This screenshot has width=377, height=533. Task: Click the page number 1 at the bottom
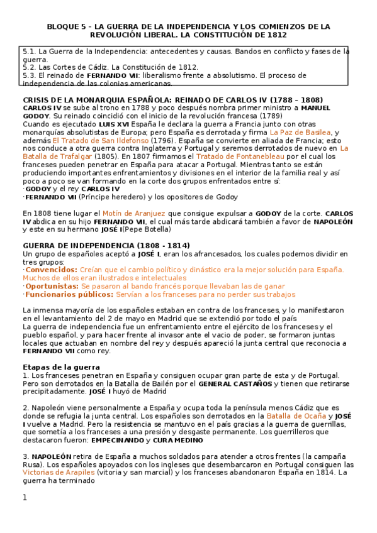(25, 498)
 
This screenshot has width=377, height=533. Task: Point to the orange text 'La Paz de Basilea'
(300, 133)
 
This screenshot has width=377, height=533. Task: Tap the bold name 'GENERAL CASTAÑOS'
(235, 383)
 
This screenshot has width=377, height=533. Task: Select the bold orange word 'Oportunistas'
(52, 286)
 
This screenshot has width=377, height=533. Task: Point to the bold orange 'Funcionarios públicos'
(65, 294)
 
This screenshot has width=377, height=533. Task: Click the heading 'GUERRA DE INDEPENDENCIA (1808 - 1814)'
(106, 246)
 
